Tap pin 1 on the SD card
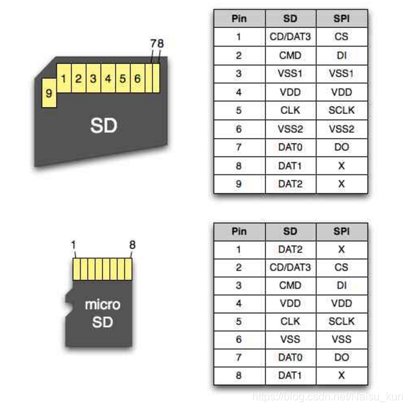point(63,79)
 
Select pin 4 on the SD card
point(108,79)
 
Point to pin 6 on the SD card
point(138,79)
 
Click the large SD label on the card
point(104,125)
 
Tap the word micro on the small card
point(102,305)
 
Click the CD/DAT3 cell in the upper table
point(290,37)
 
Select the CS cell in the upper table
point(342,37)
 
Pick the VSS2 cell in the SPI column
point(342,129)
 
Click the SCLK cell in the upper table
point(342,110)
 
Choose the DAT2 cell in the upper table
point(290,184)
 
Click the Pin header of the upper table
point(239,18)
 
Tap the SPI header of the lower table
point(342,232)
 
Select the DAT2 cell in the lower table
point(290,250)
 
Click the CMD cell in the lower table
point(290,286)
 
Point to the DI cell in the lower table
point(342,286)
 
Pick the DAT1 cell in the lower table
point(290,376)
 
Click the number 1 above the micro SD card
point(74,245)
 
